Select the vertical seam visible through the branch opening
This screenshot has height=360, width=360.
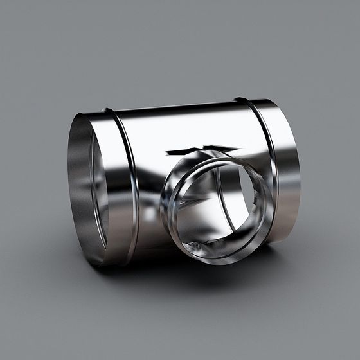[x=225, y=193]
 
